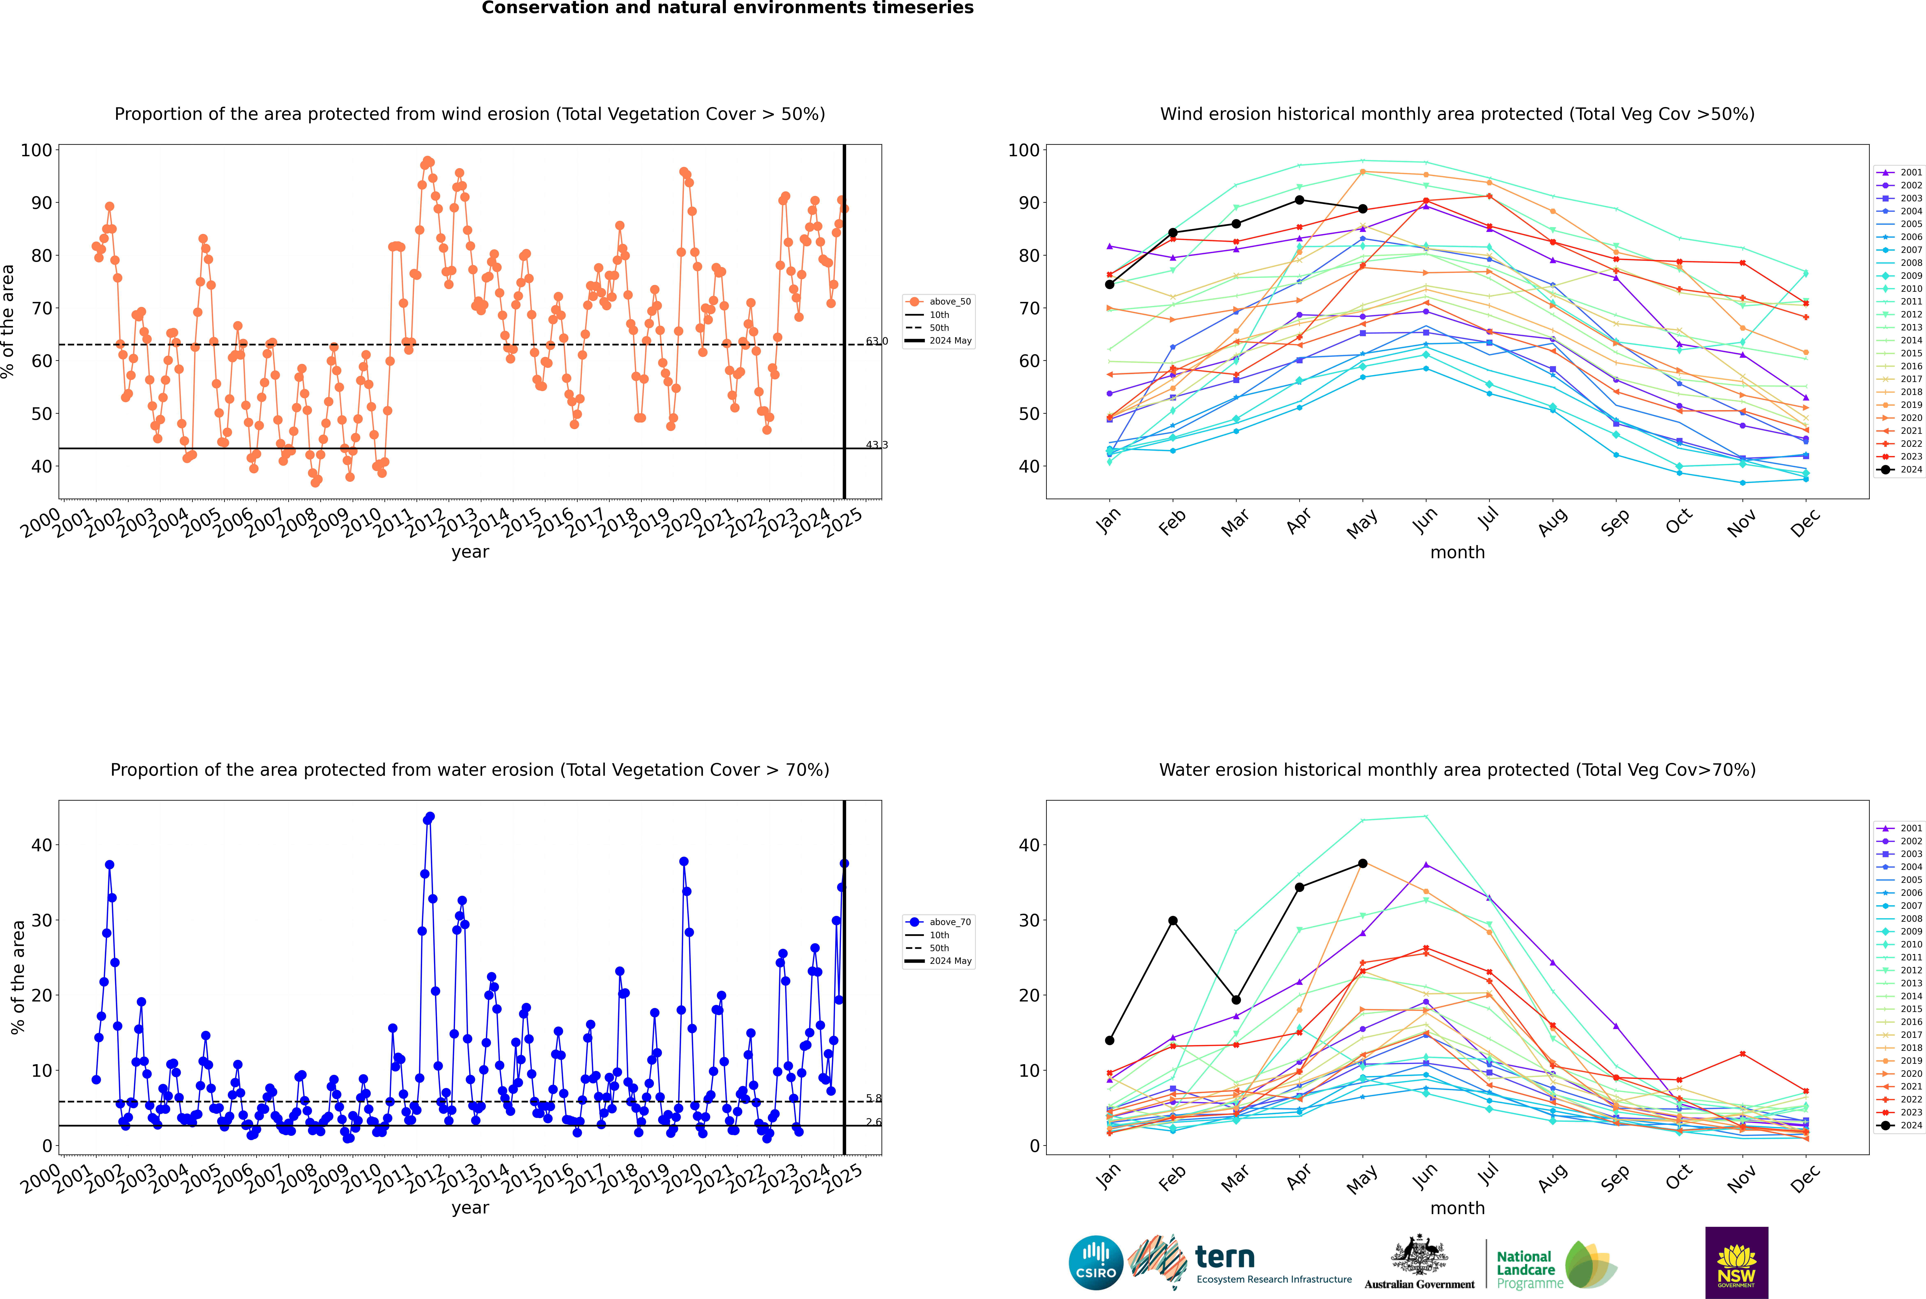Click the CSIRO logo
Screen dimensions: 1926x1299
pyautogui.click(x=1095, y=1263)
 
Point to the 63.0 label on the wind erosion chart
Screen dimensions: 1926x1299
pyautogui.click(x=877, y=341)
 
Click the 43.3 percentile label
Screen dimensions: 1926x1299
pyautogui.click(x=877, y=445)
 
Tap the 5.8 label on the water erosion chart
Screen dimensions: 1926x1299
pyautogui.click(x=874, y=1099)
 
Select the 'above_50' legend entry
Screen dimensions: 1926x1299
pyautogui.click(x=938, y=302)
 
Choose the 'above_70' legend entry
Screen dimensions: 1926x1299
pyautogui.click(x=938, y=922)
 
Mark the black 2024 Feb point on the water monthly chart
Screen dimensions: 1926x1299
pyautogui.click(x=1172, y=920)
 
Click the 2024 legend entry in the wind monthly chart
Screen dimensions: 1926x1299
pyautogui.click(x=1899, y=470)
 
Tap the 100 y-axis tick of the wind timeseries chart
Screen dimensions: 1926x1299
pyautogui.click(x=36, y=150)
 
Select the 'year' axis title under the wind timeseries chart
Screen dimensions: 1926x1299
pyautogui.click(x=470, y=553)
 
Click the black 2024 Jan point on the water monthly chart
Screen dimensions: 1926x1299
pyautogui.click(x=1110, y=1041)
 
